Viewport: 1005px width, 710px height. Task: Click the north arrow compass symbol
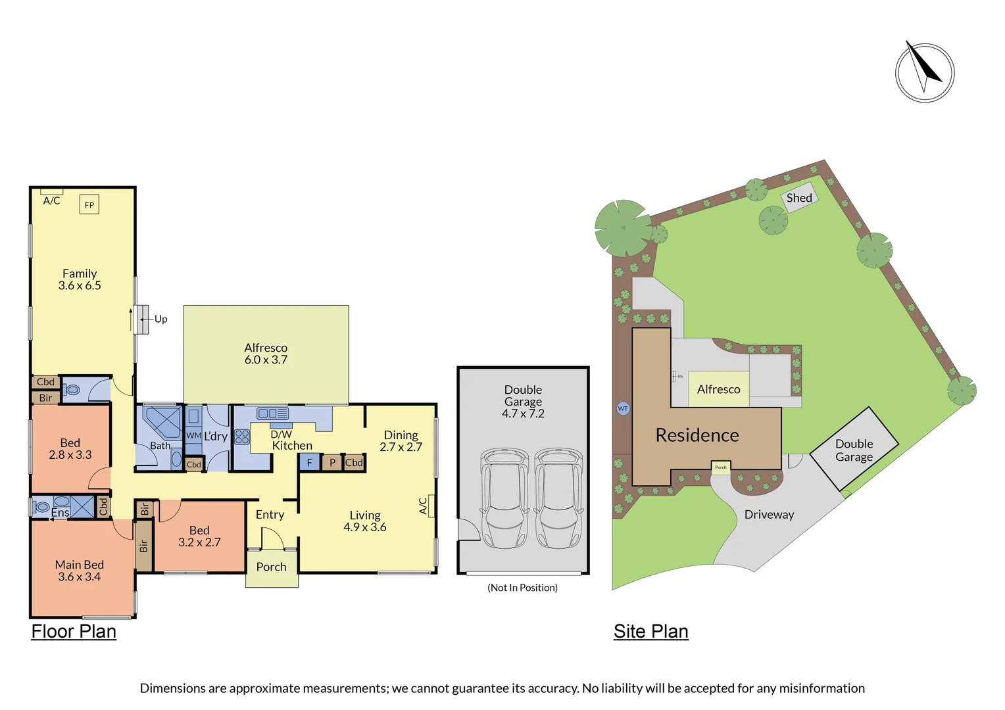(x=924, y=72)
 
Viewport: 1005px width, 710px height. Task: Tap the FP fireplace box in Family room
(x=89, y=204)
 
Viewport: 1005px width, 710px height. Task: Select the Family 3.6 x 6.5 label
(x=80, y=279)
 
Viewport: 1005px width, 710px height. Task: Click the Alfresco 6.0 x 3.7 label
(x=266, y=354)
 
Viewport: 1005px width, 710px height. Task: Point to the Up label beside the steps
(x=160, y=319)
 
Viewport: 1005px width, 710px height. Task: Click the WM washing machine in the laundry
(x=193, y=435)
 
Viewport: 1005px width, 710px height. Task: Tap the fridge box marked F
(x=309, y=463)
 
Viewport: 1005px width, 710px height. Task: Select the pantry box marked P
(x=332, y=463)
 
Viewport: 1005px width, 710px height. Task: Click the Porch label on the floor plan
(x=271, y=567)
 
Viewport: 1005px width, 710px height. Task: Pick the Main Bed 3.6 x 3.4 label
(x=80, y=571)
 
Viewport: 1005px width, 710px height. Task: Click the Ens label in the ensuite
(x=60, y=512)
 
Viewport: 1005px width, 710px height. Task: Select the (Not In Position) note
(x=522, y=588)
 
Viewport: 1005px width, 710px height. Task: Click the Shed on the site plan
(x=799, y=198)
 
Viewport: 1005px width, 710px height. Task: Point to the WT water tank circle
(x=623, y=408)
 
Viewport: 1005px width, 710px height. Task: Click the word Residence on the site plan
(x=697, y=435)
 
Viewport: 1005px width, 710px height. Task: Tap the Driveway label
(x=769, y=515)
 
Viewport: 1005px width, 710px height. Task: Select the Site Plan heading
(x=650, y=631)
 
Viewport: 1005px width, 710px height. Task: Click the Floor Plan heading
(x=74, y=631)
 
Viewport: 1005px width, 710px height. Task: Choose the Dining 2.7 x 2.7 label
(x=401, y=440)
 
